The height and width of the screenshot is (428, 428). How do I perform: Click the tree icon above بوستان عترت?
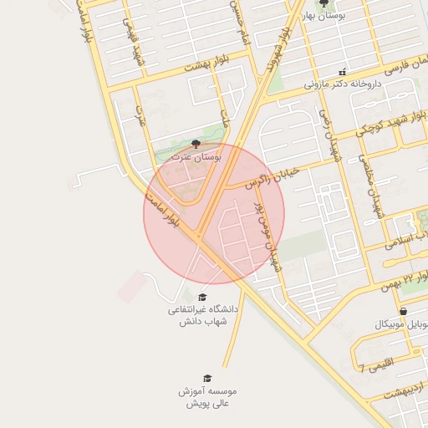pyautogui.click(x=196, y=144)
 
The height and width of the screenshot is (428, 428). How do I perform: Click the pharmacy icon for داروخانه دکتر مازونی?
pyautogui.click(x=341, y=73)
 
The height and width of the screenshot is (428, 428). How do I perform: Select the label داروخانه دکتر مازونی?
pyautogui.click(x=341, y=84)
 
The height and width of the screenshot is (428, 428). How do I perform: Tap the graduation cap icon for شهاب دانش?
pyautogui.click(x=202, y=297)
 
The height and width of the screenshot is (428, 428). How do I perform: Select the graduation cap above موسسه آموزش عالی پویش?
pyautogui.click(x=207, y=379)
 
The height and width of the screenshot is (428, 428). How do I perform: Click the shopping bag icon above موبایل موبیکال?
pyautogui.click(x=404, y=311)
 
